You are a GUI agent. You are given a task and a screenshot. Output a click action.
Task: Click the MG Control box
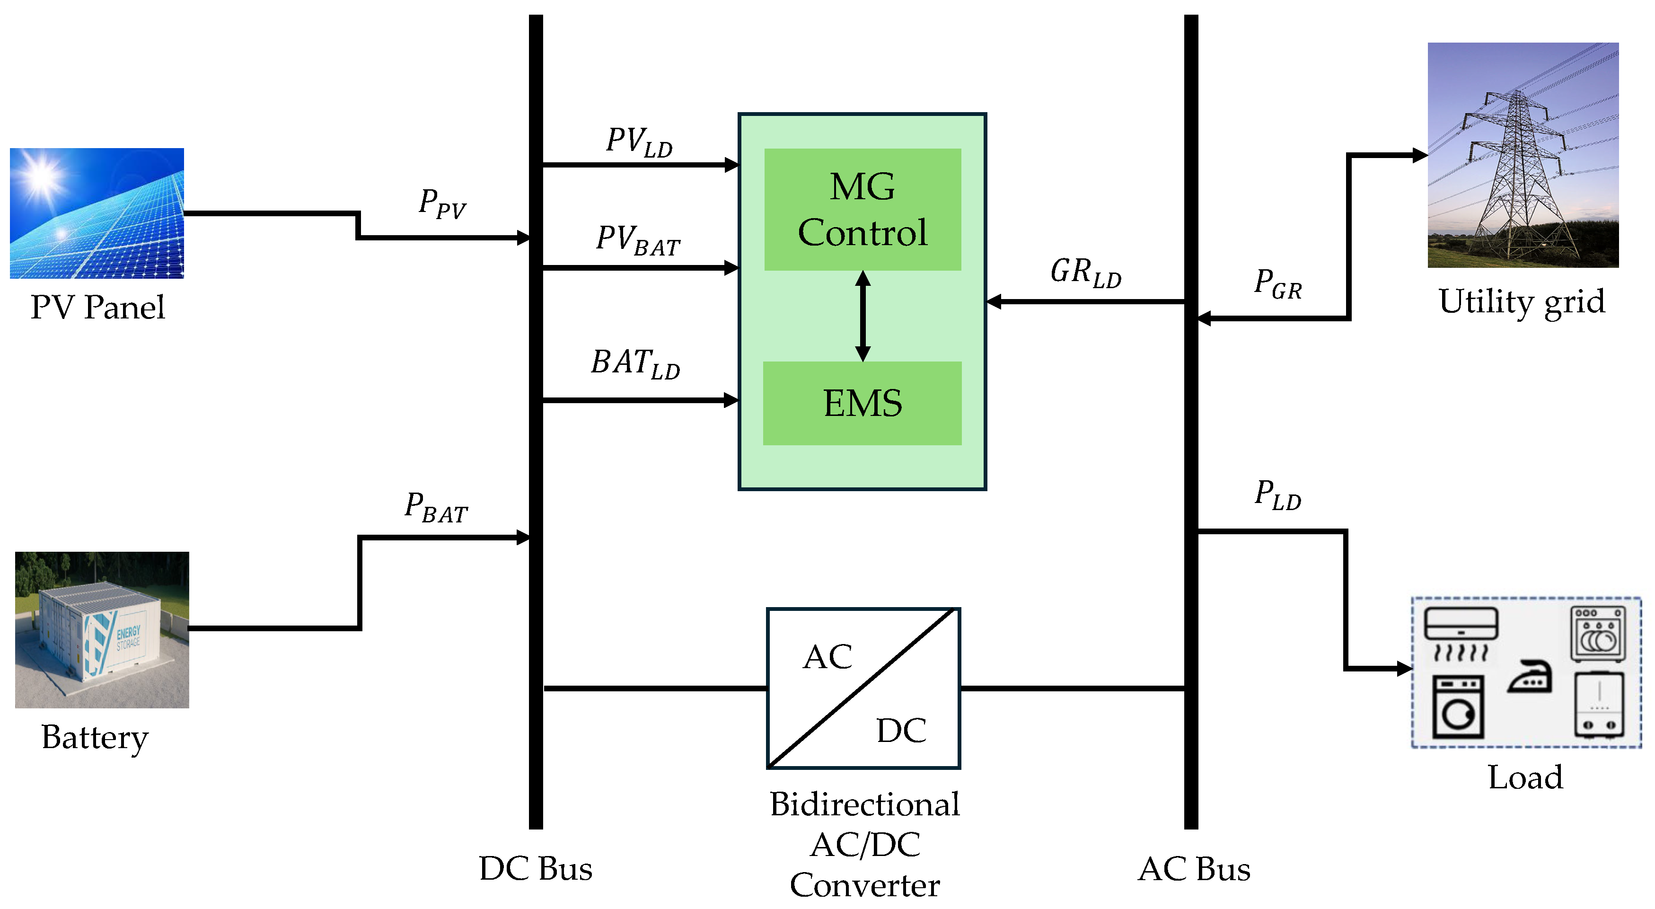pyautogui.click(x=862, y=210)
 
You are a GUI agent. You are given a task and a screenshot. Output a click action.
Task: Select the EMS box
pyautogui.click(x=862, y=404)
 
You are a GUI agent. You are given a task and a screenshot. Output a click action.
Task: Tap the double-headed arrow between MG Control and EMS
pyautogui.click(x=863, y=316)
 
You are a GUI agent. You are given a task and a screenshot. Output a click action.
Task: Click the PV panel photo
pyautogui.click(x=97, y=213)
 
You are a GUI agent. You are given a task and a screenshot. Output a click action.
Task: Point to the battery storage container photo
pyautogui.click(x=102, y=629)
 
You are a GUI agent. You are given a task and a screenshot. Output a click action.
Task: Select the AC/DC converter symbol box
pyautogui.click(x=863, y=688)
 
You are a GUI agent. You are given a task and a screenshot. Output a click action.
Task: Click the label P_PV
pyautogui.click(x=442, y=204)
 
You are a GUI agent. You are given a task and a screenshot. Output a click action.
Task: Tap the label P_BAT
pyautogui.click(x=436, y=508)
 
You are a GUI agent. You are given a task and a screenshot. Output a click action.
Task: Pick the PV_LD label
pyautogui.click(x=639, y=142)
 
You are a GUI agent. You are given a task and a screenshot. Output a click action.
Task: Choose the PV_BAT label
pyautogui.click(x=637, y=240)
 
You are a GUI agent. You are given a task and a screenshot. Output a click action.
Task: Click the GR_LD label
pyautogui.click(x=1086, y=273)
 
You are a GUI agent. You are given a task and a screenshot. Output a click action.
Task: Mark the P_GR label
pyautogui.click(x=1278, y=284)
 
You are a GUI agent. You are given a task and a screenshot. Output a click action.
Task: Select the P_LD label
pyautogui.click(x=1278, y=495)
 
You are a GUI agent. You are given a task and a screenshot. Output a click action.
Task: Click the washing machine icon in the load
pyautogui.click(x=1458, y=706)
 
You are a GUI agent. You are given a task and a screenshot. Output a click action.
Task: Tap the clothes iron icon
pyautogui.click(x=1530, y=677)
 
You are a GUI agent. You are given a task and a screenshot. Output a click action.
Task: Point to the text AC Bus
pyautogui.click(x=1194, y=868)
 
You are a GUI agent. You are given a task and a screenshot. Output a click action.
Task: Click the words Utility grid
pyautogui.click(x=1522, y=302)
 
